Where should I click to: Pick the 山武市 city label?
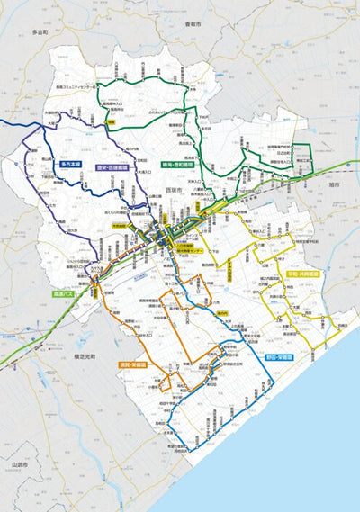20,463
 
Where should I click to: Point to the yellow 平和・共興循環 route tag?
301,273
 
